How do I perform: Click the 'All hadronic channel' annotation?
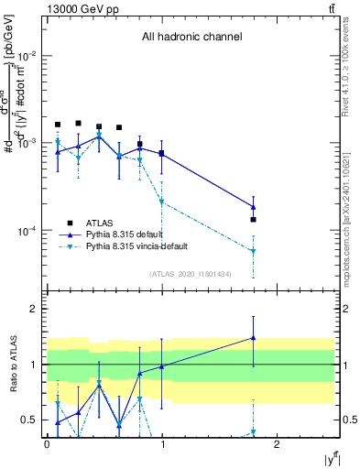[191, 38]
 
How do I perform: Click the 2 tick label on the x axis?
[278, 444]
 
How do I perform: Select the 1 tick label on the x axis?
[162, 444]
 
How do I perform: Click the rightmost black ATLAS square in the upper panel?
[253, 220]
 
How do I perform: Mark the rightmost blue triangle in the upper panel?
[253, 206]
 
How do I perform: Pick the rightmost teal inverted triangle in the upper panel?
[253, 251]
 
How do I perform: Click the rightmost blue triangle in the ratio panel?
[253, 337]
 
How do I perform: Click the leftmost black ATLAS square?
[58, 125]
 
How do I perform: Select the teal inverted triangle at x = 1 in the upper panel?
[161, 202]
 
